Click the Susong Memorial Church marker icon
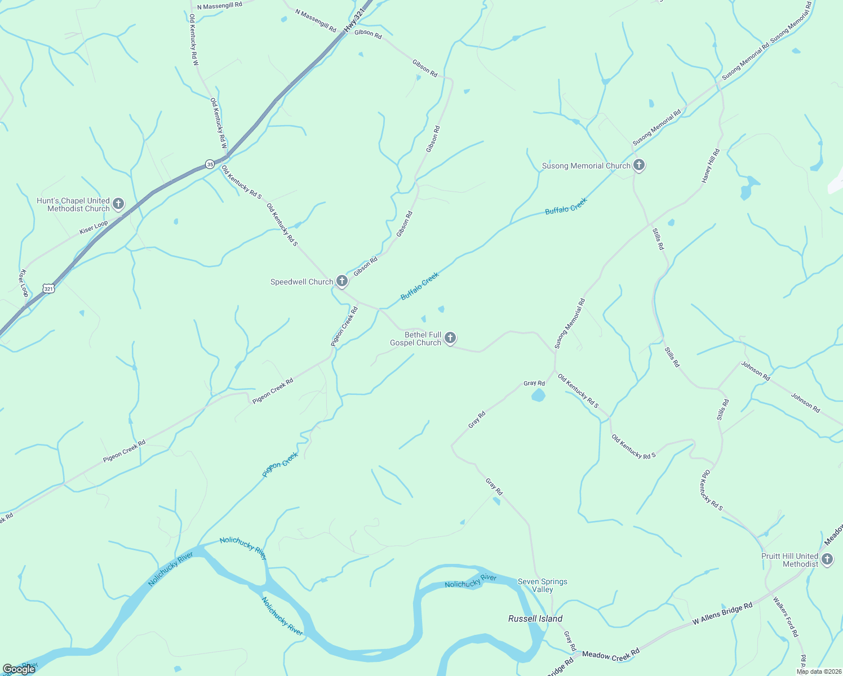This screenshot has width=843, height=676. coord(638,165)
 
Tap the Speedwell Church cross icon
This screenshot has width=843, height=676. coord(341,281)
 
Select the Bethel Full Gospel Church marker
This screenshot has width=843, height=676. coord(450,338)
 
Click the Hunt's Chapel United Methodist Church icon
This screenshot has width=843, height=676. coord(118,204)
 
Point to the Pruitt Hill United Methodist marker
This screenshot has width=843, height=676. coord(827,559)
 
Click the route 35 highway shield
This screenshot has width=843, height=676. coord(210,164)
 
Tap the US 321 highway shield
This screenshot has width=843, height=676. coord(48,289)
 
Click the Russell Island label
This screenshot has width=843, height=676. coord(535,619)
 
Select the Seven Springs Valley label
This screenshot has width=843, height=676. coord(542,585)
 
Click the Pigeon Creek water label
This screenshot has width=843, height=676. coord(280,465)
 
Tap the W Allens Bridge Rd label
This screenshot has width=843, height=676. coord(722,613)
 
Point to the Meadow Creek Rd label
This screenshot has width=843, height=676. coord(610,655)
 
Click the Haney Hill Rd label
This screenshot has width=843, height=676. coord(710,166)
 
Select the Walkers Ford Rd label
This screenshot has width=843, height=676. coord(786,617)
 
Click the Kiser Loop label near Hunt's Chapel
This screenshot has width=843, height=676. coord(94,228)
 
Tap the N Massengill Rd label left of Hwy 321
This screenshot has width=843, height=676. coord(219,6)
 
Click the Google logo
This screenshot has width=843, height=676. coord(19,669)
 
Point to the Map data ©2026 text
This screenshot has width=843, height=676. coord(818,671)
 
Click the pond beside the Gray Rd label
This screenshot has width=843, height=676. coord(538,395)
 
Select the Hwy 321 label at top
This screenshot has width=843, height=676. coord(351,23)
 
